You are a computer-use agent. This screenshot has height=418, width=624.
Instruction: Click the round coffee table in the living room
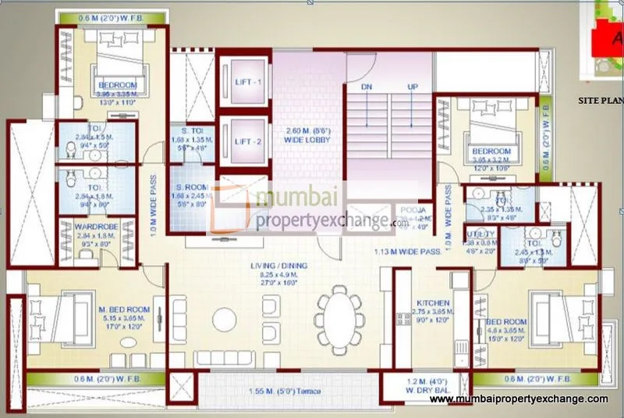pyautogui.click(x=225, y=319)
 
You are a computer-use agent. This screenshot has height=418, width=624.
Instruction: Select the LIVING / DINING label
pyautogui.click(x=278, y=266)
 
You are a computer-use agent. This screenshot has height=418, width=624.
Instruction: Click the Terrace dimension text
pyautogui.click(x=286, y=391)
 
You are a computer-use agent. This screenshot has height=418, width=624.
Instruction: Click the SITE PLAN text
pyautogui.click(x=599, y=101)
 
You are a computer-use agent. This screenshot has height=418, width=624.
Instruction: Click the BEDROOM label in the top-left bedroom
pyautogui.click(x=117, y=84)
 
